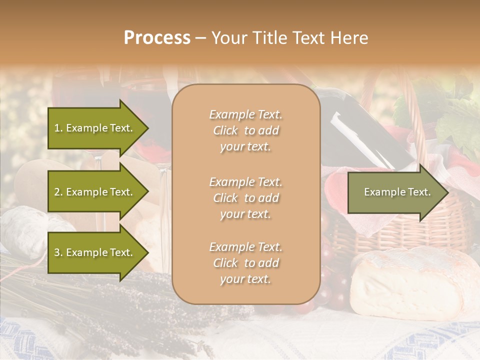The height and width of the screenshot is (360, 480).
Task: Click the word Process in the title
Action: (x=157, y=38)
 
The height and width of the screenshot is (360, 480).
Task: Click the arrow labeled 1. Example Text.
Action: (x=97, y=128)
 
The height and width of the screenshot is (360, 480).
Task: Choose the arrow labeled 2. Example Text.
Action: (x=97, y=192)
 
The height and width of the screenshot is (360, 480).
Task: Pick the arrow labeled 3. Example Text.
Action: (x=97, y=252)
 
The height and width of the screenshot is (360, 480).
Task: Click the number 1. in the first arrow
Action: (x=58, y=128)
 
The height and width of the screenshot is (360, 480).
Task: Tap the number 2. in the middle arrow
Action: (x=58, y=192)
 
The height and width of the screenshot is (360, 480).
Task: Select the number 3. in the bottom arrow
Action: (x=58, y=252)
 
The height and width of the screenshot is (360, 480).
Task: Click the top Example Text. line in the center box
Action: (x=245, y=114)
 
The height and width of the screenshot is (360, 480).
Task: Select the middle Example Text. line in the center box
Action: (x=245, y=181)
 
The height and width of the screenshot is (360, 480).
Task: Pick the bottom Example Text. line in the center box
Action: (x=245, y=247)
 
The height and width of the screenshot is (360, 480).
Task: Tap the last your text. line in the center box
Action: (x=245, y=279)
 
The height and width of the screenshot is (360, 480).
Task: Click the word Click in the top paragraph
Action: (x=225, y=131)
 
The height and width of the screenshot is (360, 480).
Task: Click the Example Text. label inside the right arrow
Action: (x=397, y=192)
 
